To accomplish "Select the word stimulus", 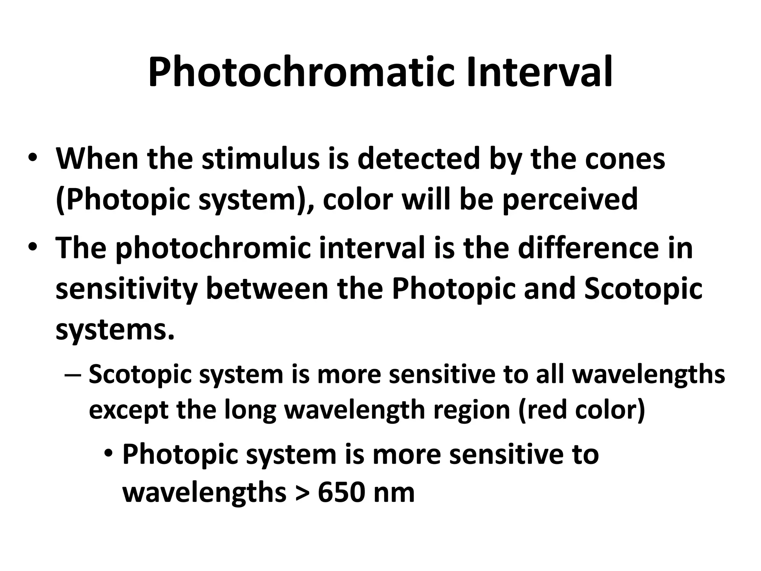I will [x=260, y=159].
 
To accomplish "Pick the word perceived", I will [x=570, y=199].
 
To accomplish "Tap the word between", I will [x=267, y=289].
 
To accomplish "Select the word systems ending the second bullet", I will [x=114, y=330].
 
